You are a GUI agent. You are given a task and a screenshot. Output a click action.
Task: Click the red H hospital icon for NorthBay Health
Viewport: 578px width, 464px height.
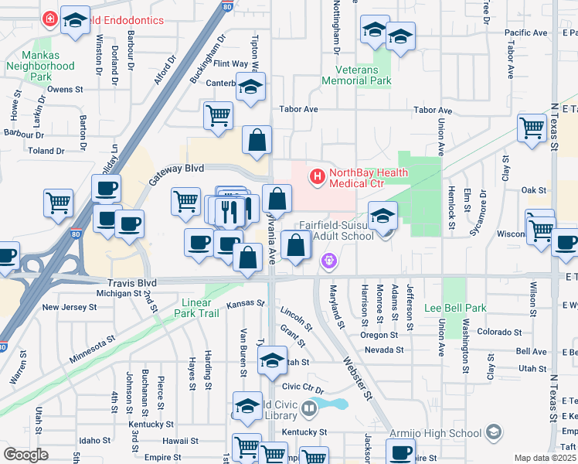316,177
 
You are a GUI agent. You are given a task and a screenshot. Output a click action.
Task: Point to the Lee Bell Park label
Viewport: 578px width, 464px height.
456,308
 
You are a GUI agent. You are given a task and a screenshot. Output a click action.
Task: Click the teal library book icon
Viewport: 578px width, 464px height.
309,407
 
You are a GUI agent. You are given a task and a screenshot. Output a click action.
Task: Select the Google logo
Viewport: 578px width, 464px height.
25,455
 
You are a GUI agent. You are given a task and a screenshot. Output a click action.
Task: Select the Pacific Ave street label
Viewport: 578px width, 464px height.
525,32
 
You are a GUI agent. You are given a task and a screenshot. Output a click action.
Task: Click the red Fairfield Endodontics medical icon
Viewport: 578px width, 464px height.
50,18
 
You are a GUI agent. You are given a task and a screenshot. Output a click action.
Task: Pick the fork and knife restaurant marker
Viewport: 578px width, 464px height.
229,210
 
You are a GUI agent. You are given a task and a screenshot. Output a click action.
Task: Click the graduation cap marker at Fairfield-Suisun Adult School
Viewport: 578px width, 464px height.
382,217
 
